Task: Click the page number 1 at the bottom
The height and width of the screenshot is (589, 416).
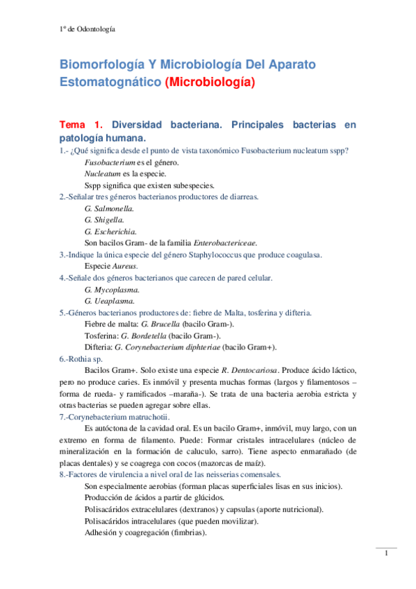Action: pyautogui.click(x=385, y=554)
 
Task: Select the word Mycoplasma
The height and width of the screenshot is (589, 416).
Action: pyautogui.click(x=116, y=289)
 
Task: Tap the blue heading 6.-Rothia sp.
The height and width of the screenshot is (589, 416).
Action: pyautogui.click(x=81, y=358)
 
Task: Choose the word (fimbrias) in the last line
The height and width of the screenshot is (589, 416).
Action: pyautogui.click(x=188, y=532)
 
